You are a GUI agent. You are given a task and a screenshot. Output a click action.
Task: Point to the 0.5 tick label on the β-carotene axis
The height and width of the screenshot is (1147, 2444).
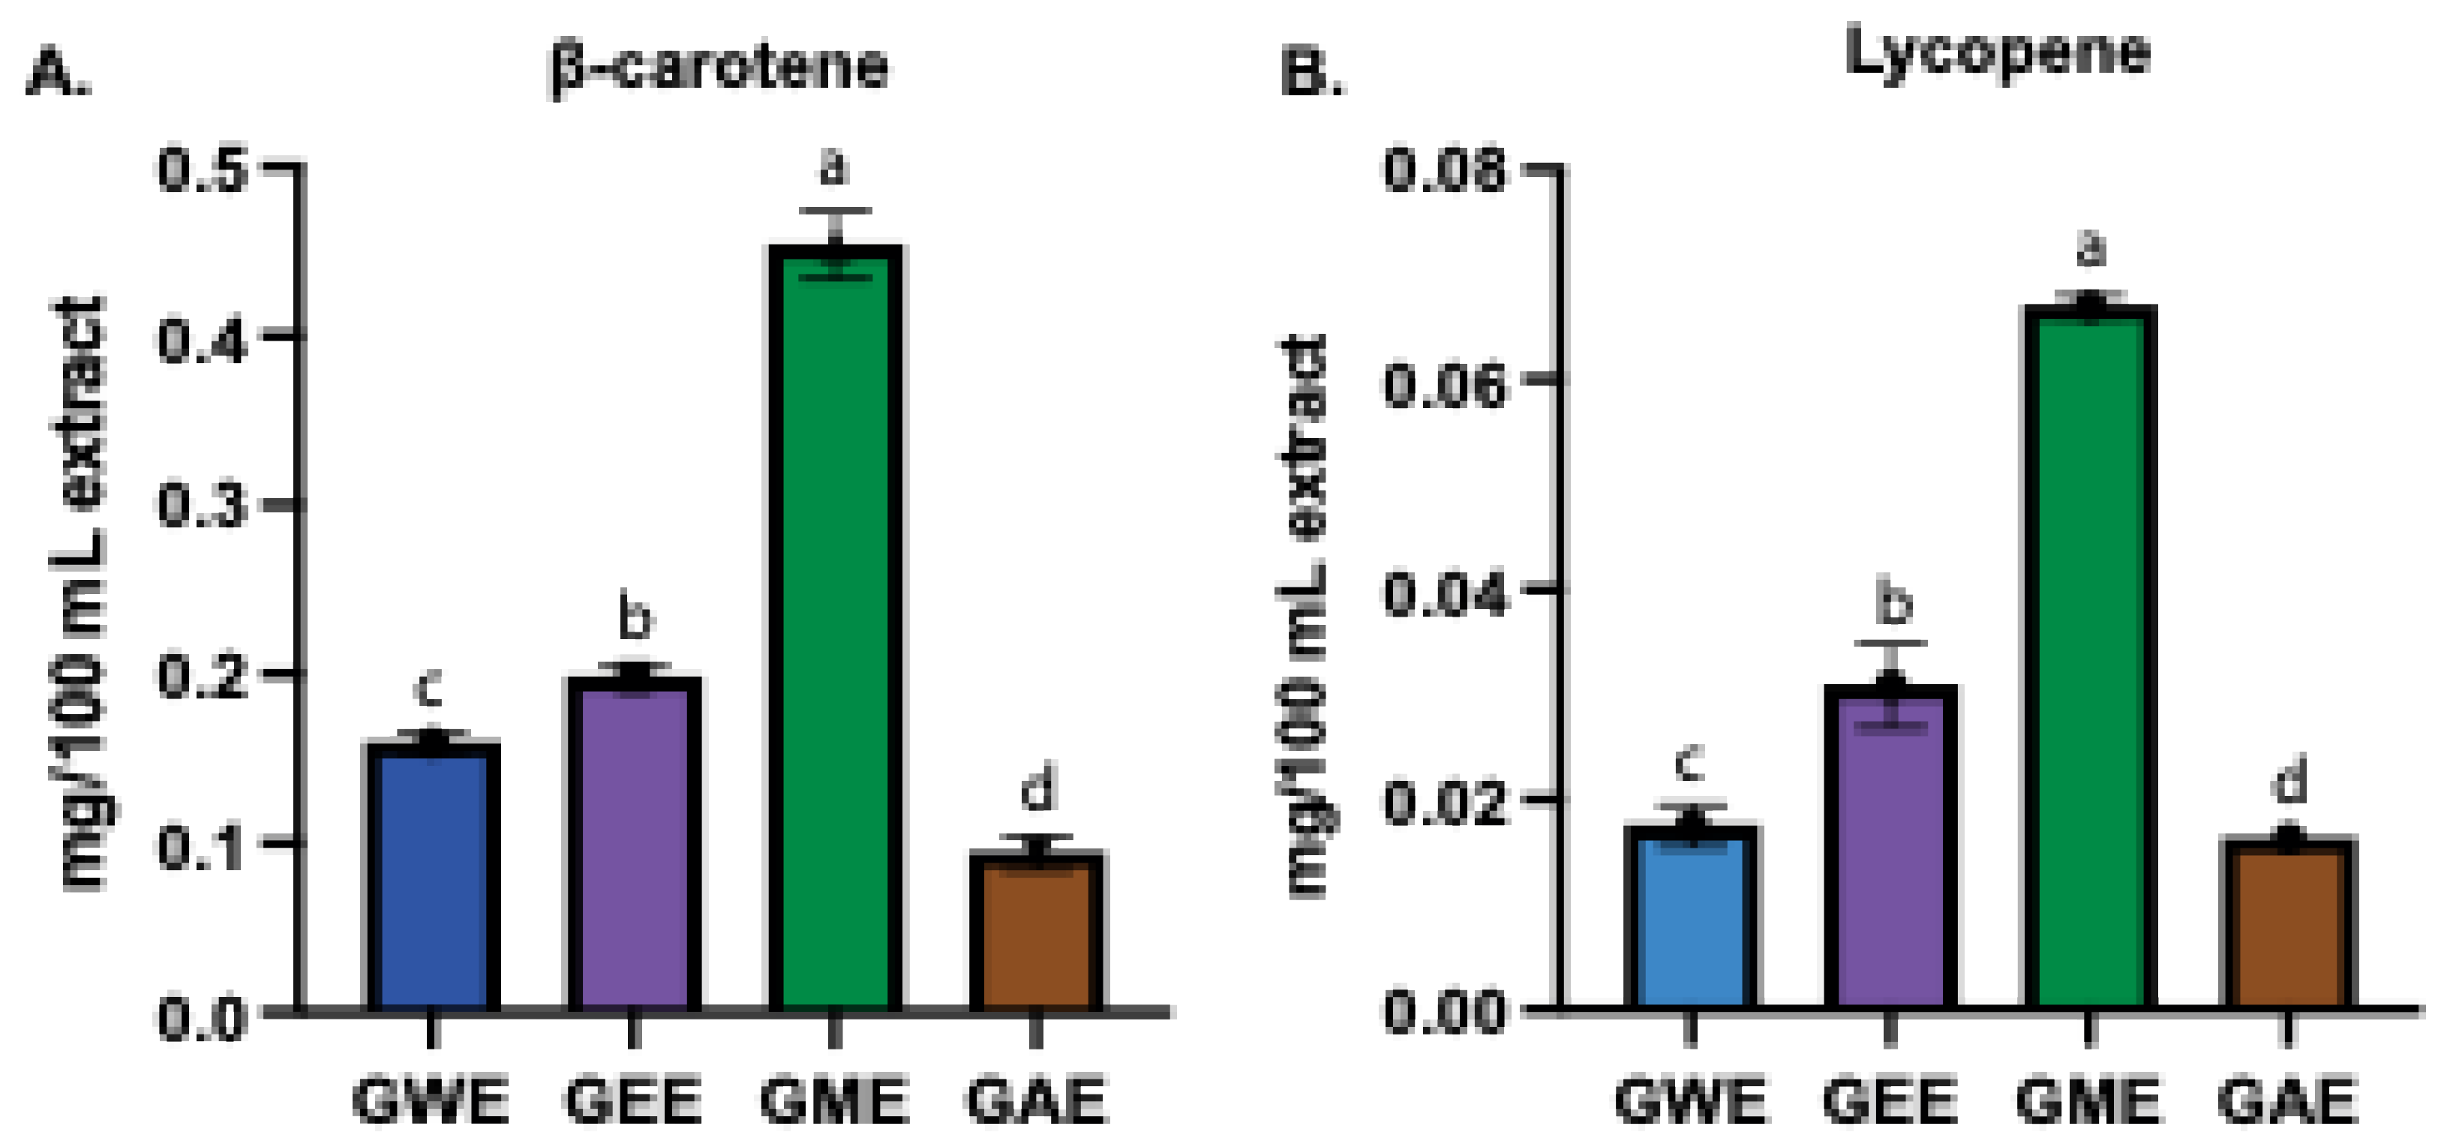pyautogui.click(x=202, y=171)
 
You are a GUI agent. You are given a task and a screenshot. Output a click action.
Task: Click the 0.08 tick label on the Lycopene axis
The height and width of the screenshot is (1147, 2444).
pyautogui.click(x=1443, y=173)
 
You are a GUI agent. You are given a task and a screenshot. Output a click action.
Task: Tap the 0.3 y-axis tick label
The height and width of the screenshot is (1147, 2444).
pyautogui.click(x=202, y=506)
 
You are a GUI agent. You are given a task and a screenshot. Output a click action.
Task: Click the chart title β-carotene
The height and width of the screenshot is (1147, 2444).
pyautogui.click(x=719, y=67)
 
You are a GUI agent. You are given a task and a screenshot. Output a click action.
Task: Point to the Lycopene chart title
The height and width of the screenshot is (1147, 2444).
pyautogui.click(x=1997, y=53)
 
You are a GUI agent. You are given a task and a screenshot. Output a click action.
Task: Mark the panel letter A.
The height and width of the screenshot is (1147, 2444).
pyautogui.click(x=57, y=72)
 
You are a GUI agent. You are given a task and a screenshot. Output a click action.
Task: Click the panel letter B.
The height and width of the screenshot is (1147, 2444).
pyautogui.click(x=1311, y=72)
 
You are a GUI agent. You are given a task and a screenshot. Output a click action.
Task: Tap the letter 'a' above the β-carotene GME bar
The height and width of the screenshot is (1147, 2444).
pyautogui.click(x=834, y=167)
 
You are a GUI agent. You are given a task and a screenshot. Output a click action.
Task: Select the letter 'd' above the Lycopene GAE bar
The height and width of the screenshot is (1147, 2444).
pyautogui.click(x=2289, y=782)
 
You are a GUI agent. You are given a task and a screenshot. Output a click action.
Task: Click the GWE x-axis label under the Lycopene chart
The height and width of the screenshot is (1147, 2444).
pyautogui.click(x=1690, y=1100)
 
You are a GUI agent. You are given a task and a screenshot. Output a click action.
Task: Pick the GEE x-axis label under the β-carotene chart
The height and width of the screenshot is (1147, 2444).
pyautogui.click(x=633, y=1100)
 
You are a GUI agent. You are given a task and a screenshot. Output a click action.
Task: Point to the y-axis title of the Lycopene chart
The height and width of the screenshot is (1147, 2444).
pyautogui.click(x=1304, y=617)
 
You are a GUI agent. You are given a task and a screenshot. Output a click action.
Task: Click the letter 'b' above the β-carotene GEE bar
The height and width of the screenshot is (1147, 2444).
pyautogui.click(x=635, y=617)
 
